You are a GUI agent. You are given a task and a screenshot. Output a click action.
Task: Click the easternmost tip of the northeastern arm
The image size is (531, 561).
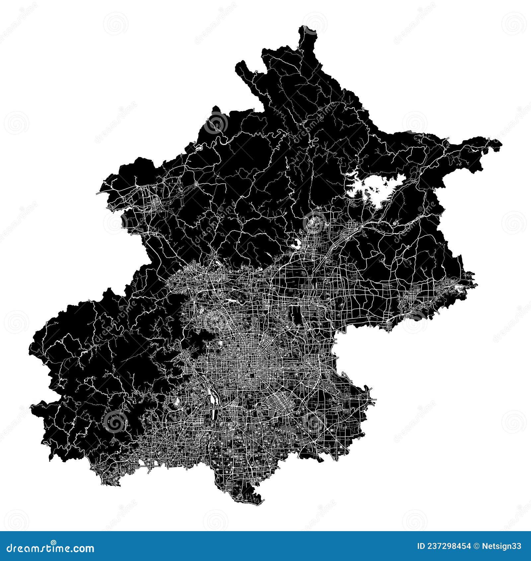501,144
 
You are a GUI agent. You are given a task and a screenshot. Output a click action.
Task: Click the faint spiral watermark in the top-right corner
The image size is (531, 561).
514,23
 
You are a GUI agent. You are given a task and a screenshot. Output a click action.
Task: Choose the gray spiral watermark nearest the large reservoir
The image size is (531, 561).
315,222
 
